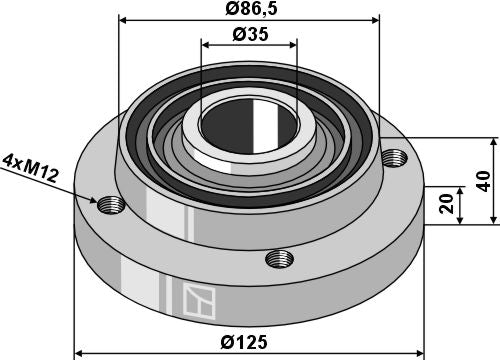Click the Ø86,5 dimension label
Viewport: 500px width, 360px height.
pyautogui.click(x=250, y=9)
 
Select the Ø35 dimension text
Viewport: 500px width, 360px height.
pyautogui.click(x=250, y=33)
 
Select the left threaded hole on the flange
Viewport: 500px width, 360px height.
pyautogui.click(x=110, y=205)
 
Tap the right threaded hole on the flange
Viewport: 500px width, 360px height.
pyautogui.click(x=396, y=158)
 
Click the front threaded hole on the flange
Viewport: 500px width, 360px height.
pyautogui.click(x=280, y=260)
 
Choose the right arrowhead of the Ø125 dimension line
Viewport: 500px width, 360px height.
pyautogui.click(x=420, y=352)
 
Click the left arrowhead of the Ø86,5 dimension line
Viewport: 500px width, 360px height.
pyautogui.click(x=123, y=19)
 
